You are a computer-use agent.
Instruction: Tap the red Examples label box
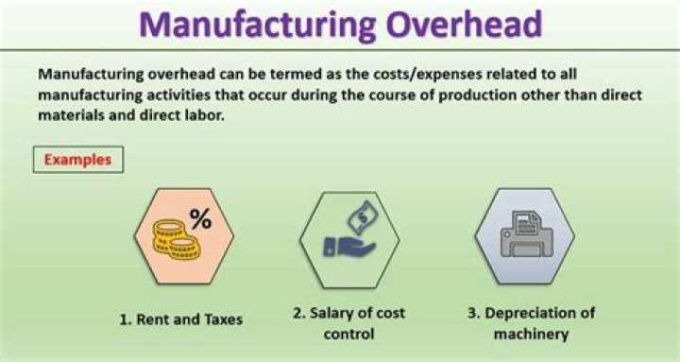pyautogui.click(x=78, y=159)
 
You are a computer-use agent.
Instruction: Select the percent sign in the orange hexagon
pyautogui.click(x=200, y=219)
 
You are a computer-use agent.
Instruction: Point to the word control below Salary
pyautogui.click(x=349, y=334)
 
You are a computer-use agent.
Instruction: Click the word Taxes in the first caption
pyautogui.click(x=220, y=319)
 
